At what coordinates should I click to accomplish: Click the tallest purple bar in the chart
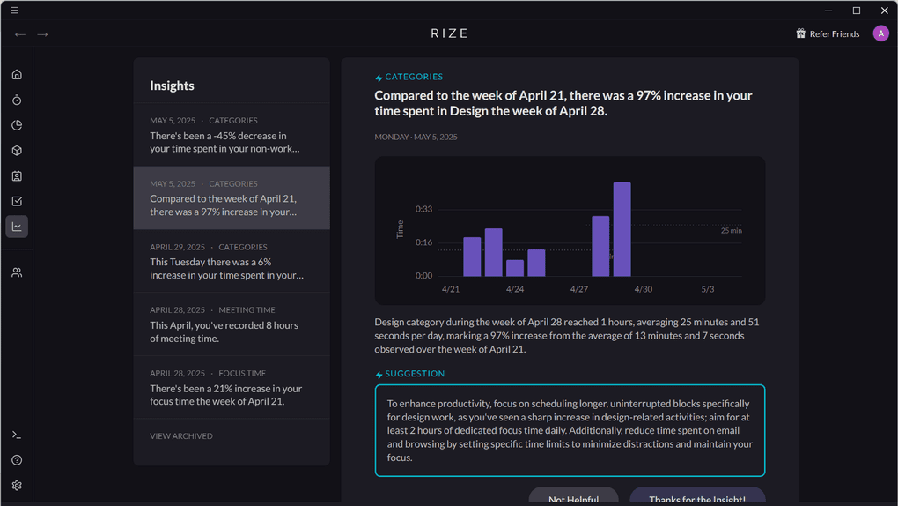[622, 229]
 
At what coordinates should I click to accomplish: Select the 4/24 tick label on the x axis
[515, 289]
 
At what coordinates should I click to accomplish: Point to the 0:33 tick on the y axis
[423, 209]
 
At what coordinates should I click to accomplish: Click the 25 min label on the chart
[731, 230]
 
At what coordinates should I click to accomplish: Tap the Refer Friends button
[827, 33]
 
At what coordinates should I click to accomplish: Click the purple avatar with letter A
[880, 33]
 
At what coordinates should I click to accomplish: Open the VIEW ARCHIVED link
[181, 436]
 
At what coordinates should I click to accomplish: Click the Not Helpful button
[573, 498]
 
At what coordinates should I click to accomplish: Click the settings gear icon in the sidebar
[17, 486]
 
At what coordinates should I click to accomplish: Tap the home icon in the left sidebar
[17, 75]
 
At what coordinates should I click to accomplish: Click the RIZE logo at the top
[449, 33]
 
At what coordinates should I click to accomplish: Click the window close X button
[884, 11]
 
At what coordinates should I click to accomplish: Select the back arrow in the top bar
[20, 34]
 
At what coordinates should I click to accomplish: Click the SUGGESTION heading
[414, 374]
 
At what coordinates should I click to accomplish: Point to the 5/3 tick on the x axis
[707, 289]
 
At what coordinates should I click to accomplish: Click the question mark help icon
[17, 460]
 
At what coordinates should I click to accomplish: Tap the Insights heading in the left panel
[172, 86]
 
